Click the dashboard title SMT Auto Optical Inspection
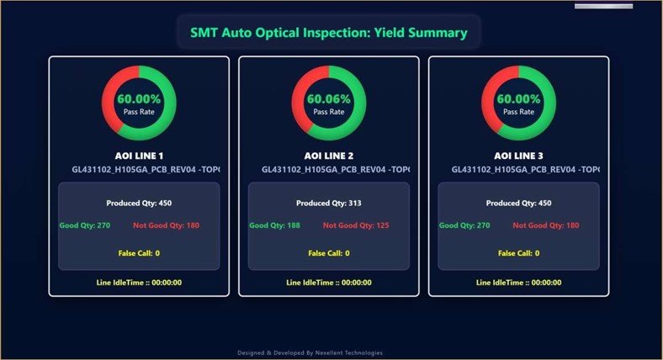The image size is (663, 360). click(x=328, y=34)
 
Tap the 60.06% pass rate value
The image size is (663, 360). click(x=328, y=98)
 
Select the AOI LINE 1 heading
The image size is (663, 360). click(x=139, y=156)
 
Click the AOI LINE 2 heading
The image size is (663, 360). click(x=328, y=156)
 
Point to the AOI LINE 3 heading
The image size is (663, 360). click(x=518, y=156)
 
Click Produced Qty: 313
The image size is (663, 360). click(x=328, y=203)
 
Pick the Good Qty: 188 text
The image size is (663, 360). click(x=275, y=225)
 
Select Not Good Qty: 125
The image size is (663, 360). click(x=356, y=225)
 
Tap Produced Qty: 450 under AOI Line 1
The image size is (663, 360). click(x=139, y=203)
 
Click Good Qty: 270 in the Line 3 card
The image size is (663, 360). click(x=464, y=225)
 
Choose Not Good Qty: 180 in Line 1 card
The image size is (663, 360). click(x=166, y=225)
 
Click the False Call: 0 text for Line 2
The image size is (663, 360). click(x=328, y=253)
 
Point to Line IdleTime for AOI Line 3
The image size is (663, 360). click(x=518, y=283)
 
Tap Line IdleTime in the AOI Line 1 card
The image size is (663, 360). click(x=139, y=283)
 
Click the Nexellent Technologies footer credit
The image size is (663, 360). click(x=328, y=353)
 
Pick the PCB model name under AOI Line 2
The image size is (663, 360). click(x=335, y=169)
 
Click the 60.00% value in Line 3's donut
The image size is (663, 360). click(x=518, y=98)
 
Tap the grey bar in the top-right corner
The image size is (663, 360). click(x=603, y=6)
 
